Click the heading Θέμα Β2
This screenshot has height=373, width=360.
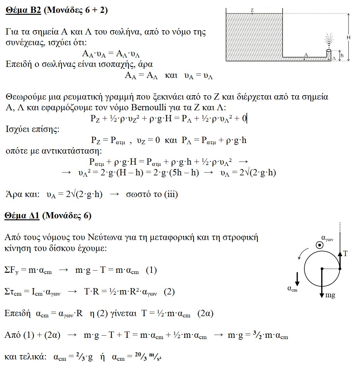pos(24,10)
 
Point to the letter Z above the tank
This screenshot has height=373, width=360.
pos(252,10)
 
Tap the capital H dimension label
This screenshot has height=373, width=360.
pos(348,37)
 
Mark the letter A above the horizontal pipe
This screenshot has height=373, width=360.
pos(306,55)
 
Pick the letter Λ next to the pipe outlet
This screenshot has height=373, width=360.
pos(334,58)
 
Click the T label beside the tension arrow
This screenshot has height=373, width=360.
pos(346,254)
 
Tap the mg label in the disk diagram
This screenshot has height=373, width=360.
pos(330,295)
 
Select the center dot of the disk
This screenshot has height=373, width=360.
pos(322,269)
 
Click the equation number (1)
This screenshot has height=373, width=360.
pos(151,270)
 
